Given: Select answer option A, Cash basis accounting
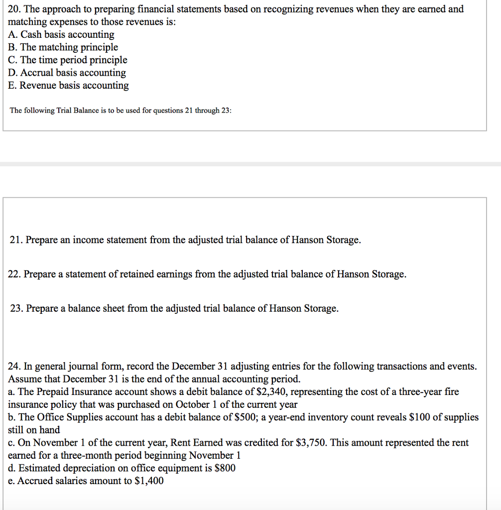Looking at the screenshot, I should point(61,34).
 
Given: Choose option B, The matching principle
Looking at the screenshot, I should point(63,47).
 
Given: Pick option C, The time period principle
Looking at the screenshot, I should point(68,60).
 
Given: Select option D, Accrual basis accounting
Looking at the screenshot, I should point(67,73).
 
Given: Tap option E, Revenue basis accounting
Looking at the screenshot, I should point(69,85).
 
